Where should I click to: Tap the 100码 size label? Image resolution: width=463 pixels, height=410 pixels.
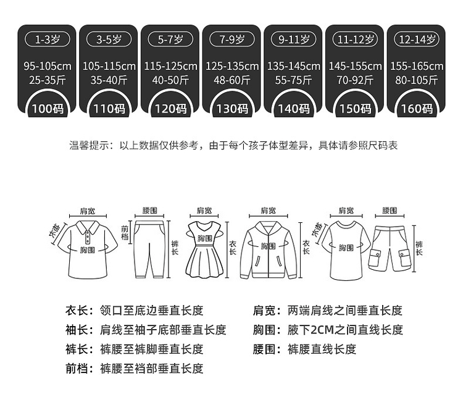pos(47,109)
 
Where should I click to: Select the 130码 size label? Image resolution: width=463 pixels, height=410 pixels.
pos(231,109)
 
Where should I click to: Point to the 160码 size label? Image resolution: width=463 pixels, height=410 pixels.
pos(415,109)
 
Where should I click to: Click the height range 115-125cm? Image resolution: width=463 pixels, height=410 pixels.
pos(170,66)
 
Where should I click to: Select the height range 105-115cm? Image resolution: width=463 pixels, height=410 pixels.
pos(109,66)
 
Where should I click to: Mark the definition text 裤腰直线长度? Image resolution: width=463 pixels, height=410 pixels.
pos(322,349)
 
